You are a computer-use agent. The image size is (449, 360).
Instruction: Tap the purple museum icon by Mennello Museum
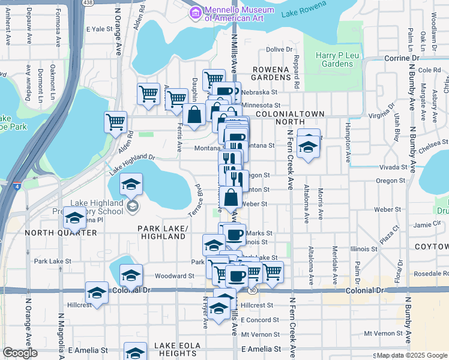pyautogui.click(x=195, y=12)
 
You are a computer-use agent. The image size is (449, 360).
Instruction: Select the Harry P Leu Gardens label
pyautogui.click(x=334, y=60)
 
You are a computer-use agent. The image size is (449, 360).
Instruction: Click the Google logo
pyautogui.click(x=20, y=353)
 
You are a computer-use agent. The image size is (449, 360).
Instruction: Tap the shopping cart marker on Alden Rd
pyautogui.click(x=115, y=122)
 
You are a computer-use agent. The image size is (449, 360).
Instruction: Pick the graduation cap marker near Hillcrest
pyautogui.click(x=97, y=292)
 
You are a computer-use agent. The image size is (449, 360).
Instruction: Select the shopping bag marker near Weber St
pyautogui.click(x=231, y=196)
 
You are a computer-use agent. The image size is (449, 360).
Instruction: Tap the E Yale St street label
pyautogui.click(x=100, y=29)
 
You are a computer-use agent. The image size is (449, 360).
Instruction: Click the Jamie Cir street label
pyautogui.click(x=427, y=224)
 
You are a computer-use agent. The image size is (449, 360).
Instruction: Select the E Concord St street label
pyautogui.click(x=261, y=319)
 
